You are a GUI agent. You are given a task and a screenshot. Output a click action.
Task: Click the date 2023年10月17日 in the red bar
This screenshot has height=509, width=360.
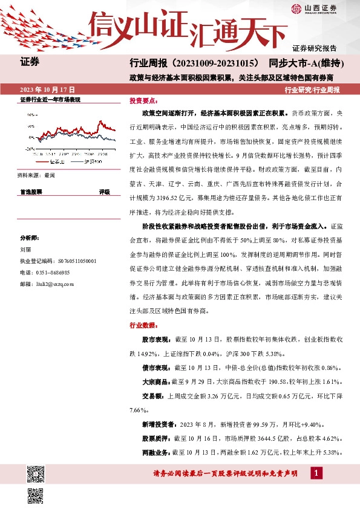tap(48, 89)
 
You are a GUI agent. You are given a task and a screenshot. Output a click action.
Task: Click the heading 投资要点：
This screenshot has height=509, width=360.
tap(143, 101)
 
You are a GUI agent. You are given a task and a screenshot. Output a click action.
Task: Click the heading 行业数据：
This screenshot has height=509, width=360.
tap(143, 325)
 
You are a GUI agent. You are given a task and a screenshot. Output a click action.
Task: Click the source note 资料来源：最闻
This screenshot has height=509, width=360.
tap(37, 175)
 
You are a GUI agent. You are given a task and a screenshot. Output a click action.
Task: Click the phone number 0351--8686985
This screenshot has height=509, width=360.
tap(51, 273)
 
